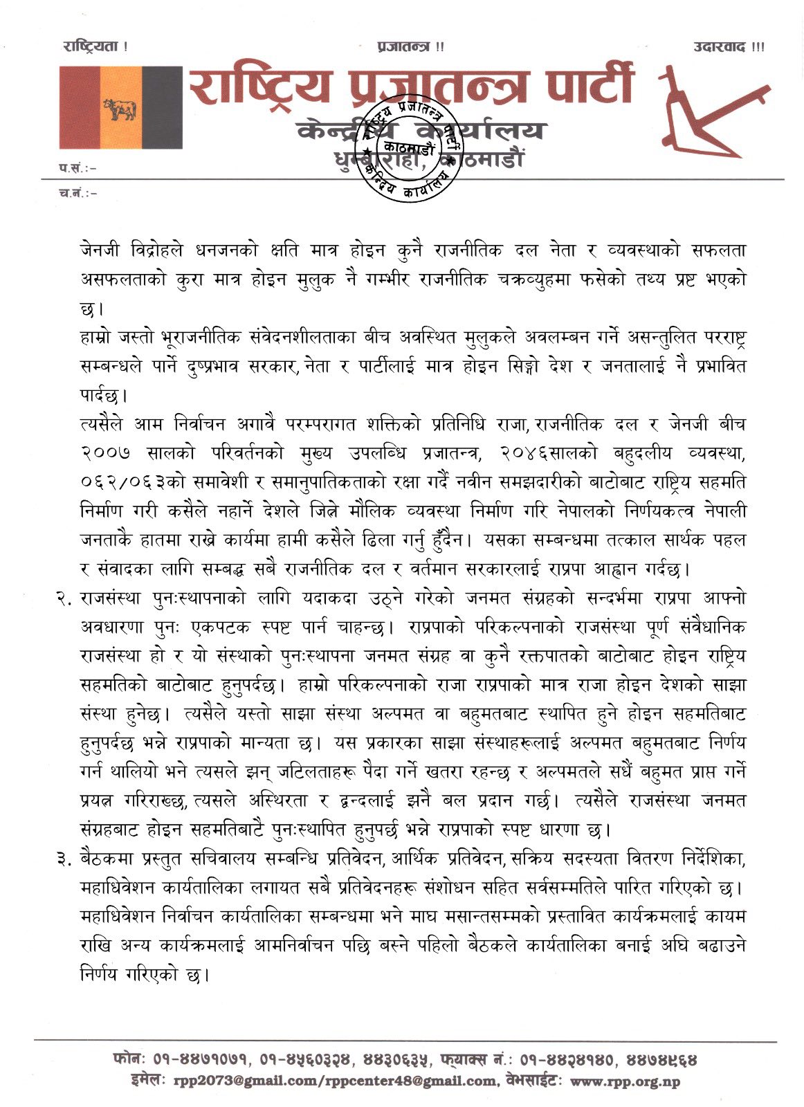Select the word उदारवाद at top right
(x=720, y=47)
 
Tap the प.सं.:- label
(x=77, y=167)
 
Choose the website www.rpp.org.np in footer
(x=625, y=1081)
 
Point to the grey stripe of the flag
(x=161, y=108)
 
